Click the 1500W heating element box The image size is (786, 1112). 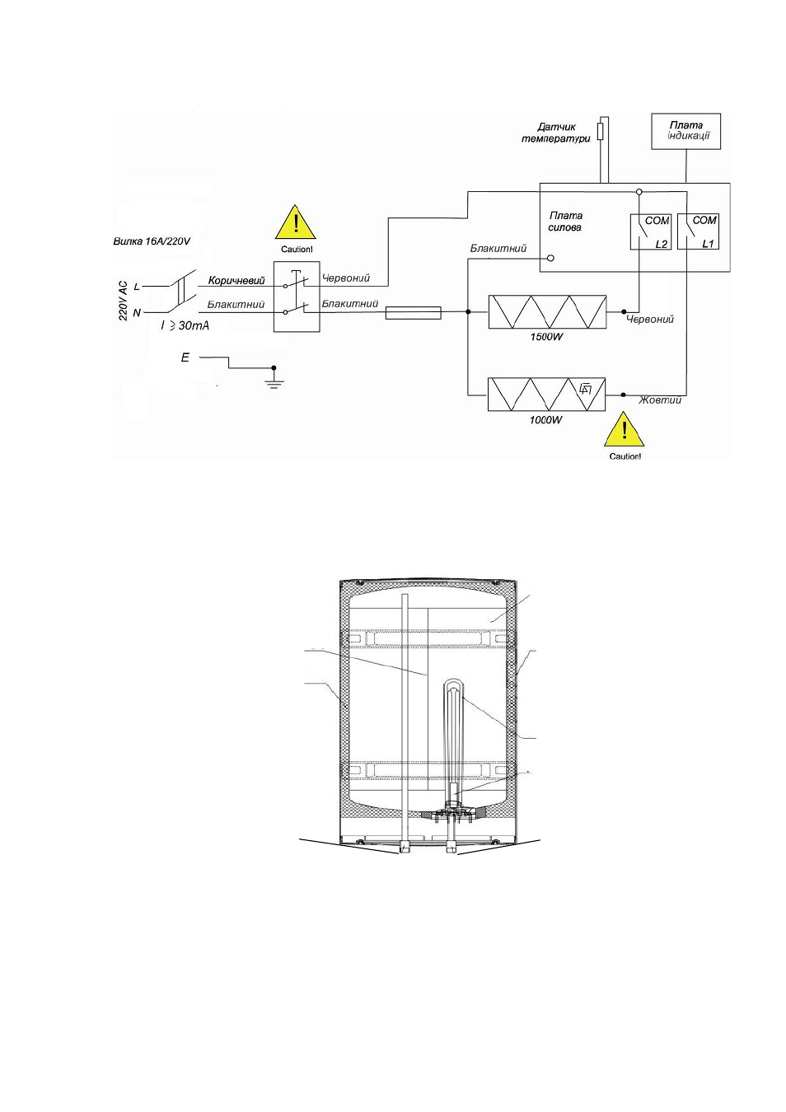547,311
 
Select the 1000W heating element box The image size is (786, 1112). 547,395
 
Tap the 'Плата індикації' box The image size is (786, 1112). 685,131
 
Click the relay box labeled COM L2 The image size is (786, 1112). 650,231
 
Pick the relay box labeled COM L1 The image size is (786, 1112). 698,231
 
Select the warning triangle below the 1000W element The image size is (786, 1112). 625,428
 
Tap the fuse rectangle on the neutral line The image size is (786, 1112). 413,312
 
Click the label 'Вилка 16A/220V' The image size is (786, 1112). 152,241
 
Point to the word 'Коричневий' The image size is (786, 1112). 236,281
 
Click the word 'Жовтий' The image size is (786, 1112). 660,399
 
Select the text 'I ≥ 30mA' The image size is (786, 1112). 185,325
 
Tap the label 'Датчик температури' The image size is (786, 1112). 555,133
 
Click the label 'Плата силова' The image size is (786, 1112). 565,222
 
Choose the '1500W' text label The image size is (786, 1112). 546,337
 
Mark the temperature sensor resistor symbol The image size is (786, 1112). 601,131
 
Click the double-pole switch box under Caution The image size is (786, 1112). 297,297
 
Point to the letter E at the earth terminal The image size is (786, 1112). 185,357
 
